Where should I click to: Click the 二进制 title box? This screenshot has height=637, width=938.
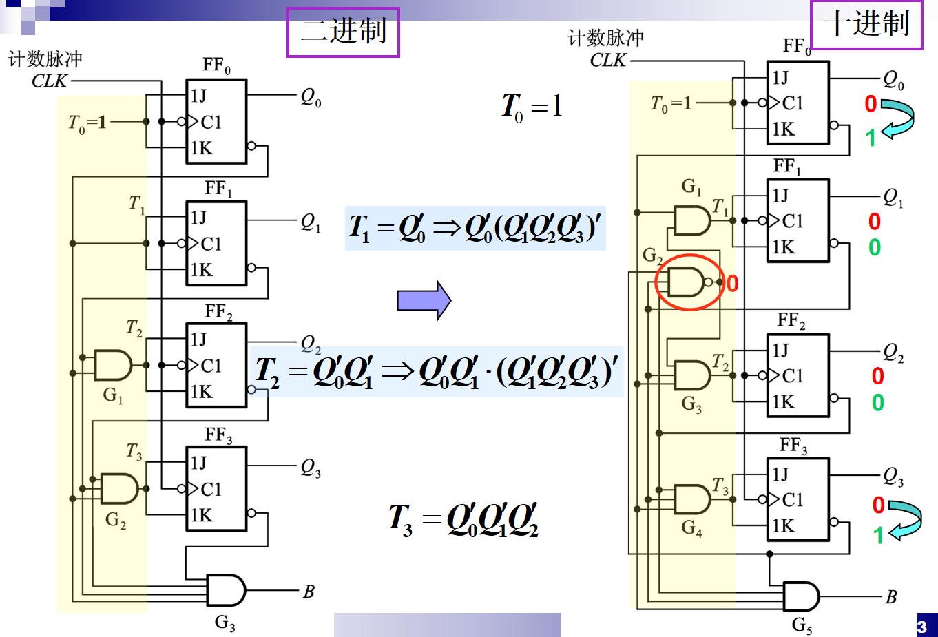343,32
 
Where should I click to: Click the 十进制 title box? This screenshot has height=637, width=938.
866,24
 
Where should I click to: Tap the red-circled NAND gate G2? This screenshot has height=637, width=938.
687,282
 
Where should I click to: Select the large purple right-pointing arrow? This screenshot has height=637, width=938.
424,300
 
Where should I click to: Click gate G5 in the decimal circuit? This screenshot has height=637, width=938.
801,596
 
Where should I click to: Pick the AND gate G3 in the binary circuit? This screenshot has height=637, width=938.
225,590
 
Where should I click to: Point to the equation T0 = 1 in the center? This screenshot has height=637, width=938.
532,107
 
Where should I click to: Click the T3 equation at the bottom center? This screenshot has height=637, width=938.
463,520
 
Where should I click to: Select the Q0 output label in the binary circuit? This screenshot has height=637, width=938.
311,97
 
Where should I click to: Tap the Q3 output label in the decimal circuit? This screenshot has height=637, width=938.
893,477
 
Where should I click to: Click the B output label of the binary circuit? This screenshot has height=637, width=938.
309,592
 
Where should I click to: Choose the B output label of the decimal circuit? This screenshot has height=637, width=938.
891,597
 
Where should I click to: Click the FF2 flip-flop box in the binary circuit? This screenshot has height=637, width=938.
216,365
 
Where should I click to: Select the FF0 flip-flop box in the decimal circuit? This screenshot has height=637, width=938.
798,103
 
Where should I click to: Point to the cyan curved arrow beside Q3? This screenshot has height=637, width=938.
905,519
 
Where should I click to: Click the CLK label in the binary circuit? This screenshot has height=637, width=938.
50,81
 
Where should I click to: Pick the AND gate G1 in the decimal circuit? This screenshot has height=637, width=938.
691,220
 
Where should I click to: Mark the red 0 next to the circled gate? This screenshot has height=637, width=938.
732,283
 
